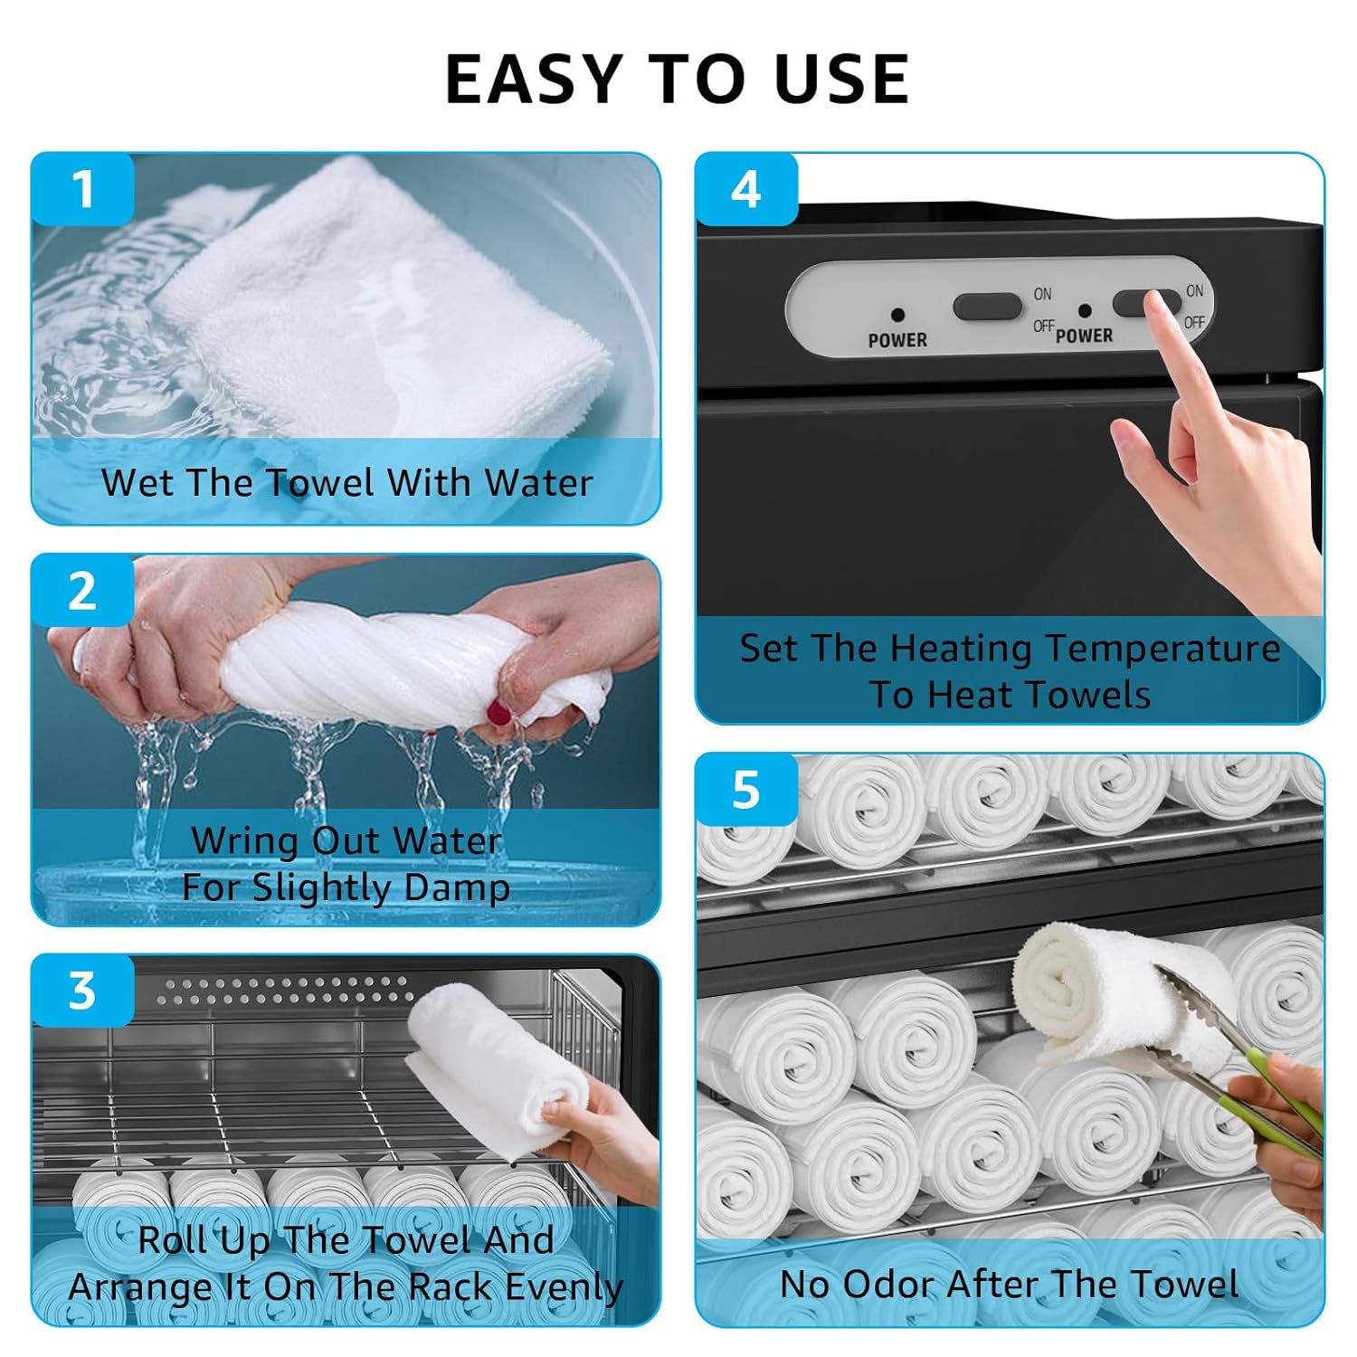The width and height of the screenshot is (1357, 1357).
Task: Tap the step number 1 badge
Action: [x=82, y=189]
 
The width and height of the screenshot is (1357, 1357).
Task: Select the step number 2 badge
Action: [x=82, y=591]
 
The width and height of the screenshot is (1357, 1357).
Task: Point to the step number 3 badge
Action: [x=82, y=991]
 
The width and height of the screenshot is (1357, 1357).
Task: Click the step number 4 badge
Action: [x=746, y=189]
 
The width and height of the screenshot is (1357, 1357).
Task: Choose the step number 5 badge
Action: [x=746, y=790]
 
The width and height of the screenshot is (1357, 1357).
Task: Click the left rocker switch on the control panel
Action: [x=987, y=307]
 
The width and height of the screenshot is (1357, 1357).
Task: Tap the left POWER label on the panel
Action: [x=897, y=340]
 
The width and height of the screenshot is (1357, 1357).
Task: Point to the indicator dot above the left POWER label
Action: [x=897, y=315]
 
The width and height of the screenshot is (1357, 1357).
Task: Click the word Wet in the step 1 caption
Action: [x=135, y=482]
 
